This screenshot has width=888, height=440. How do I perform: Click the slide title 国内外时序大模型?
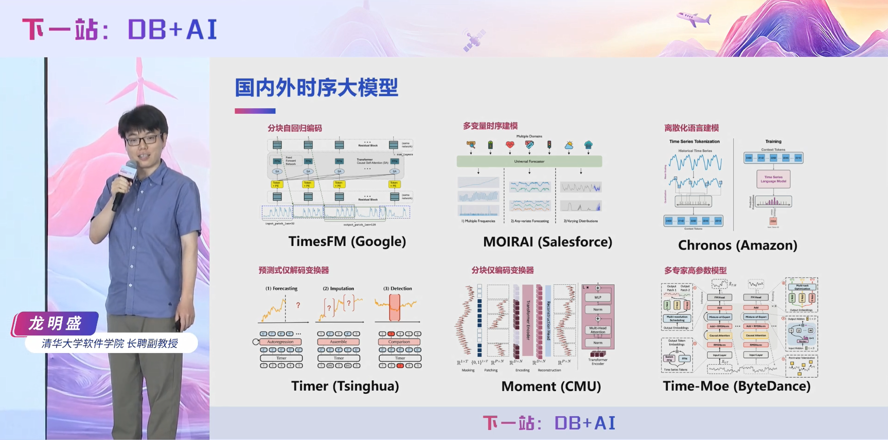316,88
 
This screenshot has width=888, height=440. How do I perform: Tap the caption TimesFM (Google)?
347,241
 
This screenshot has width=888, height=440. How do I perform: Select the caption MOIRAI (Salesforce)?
547,242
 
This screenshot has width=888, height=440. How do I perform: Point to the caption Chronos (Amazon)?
737,245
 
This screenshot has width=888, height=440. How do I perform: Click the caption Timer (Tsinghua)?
345,386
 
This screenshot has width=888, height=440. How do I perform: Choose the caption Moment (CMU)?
551,386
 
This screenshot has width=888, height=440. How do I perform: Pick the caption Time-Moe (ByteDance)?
736,386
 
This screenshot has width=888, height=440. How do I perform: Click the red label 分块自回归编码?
294,128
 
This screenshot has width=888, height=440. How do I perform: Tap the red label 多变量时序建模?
490,126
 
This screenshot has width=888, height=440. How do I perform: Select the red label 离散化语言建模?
691,128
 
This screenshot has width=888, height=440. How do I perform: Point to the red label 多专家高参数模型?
695,270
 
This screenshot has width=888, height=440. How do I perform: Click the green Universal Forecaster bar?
529,161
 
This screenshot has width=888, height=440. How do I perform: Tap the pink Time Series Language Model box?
773,179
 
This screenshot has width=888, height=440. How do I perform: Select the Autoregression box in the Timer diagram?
280,342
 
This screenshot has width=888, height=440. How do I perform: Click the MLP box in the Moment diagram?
597,297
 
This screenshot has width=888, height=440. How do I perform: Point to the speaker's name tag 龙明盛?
56,323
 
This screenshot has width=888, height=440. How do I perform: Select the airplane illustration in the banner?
694,20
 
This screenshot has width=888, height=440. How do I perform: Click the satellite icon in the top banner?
474,40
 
